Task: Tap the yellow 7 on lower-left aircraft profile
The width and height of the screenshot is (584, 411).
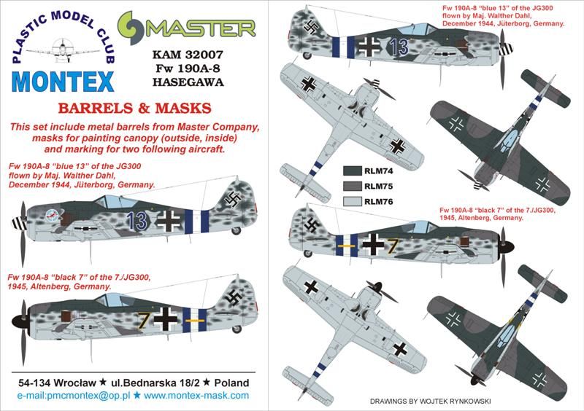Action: click(143, 319)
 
